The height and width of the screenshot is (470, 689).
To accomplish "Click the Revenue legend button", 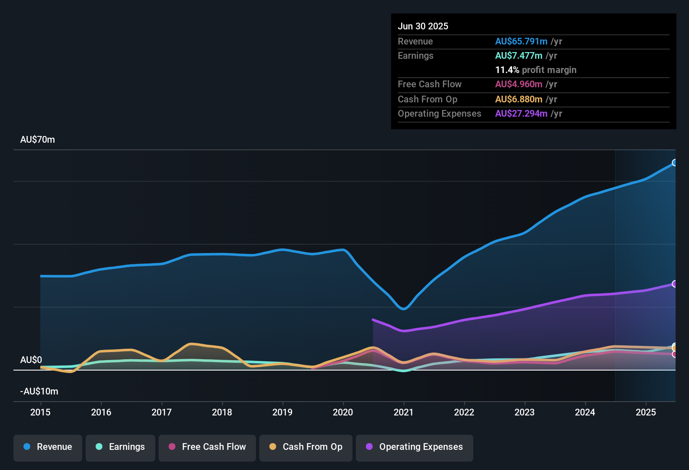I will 47,447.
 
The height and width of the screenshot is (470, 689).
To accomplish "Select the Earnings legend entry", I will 120,447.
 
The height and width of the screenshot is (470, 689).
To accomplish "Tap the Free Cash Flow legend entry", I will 207,447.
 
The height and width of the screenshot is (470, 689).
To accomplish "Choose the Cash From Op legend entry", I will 305,447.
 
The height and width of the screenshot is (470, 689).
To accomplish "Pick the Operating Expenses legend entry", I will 414,447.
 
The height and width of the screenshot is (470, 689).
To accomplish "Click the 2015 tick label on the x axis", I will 40,412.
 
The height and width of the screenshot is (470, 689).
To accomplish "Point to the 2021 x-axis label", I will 403,412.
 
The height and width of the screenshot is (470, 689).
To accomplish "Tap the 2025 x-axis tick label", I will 645,412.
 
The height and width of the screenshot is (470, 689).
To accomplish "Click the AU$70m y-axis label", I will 37,140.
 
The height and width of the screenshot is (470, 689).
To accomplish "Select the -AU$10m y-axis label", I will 39,392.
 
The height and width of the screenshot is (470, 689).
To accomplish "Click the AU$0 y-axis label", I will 31,360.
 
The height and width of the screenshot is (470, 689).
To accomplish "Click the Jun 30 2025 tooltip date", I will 423,26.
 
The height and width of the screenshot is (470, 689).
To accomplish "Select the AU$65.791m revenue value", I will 521,42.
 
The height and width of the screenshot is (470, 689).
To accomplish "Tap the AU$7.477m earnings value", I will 519,56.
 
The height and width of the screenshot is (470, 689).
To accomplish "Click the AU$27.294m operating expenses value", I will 521,114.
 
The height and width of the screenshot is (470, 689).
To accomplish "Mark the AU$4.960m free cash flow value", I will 519,84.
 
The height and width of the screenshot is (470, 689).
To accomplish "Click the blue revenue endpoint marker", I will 674,163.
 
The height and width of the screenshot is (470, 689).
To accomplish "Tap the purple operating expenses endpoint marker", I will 674,284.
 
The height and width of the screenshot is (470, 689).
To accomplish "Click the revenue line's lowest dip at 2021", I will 403,309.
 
